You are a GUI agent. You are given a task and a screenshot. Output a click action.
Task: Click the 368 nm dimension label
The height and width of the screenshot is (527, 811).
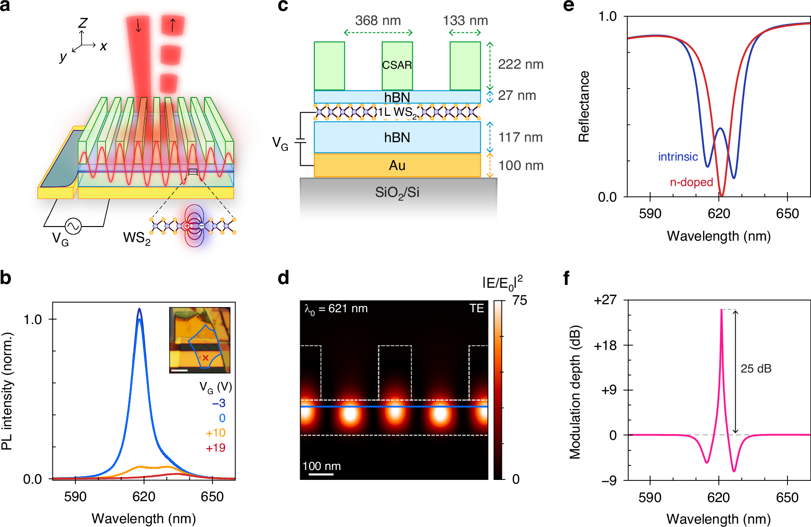(x=378, y=21)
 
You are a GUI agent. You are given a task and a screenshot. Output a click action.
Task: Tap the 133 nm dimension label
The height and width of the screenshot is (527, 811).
(x=465, y=21)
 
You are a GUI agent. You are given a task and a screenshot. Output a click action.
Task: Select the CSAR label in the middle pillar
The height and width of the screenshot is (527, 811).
(x=397, y=65)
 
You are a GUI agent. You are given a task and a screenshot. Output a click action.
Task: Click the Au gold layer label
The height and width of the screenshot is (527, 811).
(x=397, y=166)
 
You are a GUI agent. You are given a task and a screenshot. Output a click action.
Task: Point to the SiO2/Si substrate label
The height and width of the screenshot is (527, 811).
(x=397, y=193)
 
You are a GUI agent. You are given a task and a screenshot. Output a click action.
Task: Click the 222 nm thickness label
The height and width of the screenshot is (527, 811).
(x=520, y=65)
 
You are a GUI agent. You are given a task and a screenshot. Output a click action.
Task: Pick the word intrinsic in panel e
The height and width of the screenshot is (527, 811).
(x=678, y=157)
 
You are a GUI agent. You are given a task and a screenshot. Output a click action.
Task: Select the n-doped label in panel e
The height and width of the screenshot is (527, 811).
(x=691, y=182)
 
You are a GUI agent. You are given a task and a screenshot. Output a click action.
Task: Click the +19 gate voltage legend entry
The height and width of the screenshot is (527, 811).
(x=215, y=448)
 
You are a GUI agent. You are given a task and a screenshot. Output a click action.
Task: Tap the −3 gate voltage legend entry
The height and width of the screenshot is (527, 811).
(x=218, y=403)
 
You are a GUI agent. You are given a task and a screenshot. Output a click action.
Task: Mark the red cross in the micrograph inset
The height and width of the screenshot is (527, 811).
(x=205, y=358)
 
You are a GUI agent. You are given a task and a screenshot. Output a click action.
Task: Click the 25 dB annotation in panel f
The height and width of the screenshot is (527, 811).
(x=756, y=369)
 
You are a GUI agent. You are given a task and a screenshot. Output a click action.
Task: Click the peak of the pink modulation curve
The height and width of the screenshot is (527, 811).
(x=721, y=310)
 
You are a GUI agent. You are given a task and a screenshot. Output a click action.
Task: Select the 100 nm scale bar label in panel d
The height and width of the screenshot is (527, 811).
(x=321, y=466)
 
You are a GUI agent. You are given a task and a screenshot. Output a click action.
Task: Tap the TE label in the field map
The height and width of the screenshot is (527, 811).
(x=476, y=308)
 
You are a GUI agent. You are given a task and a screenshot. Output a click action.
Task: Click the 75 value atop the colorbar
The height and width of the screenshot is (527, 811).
(x=519, y=301)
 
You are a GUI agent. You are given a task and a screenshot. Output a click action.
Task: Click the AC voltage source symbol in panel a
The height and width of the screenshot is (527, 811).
(x=73, y=226)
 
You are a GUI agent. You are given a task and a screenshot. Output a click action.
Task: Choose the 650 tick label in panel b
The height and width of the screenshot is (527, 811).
(x=212, y=497)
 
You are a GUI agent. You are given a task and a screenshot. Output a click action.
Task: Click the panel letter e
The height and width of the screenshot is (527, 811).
(x=569, y=6)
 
